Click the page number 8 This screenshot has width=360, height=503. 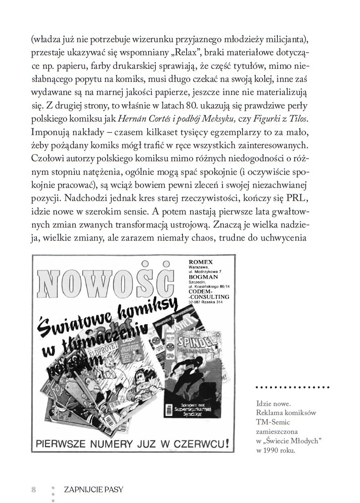pos(34,490)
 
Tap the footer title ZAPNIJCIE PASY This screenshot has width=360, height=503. pos(94,490)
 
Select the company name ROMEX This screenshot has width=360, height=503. pos(201,262)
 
